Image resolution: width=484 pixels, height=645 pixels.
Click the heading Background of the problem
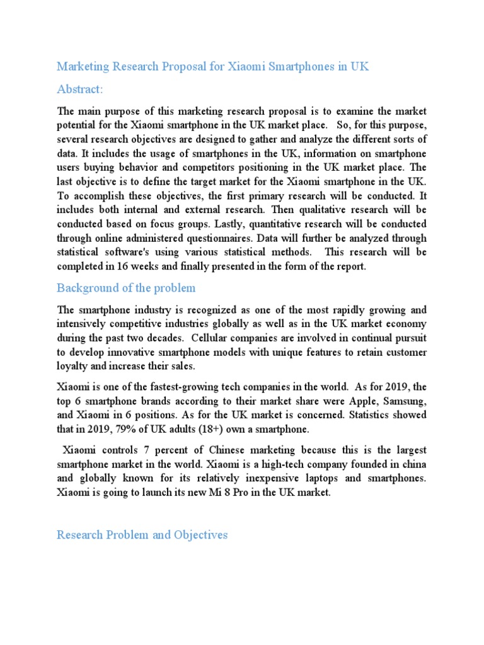pyautogui.click(x=126, y=288)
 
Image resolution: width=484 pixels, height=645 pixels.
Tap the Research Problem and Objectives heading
pyautogui.click(x=142, y=535)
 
